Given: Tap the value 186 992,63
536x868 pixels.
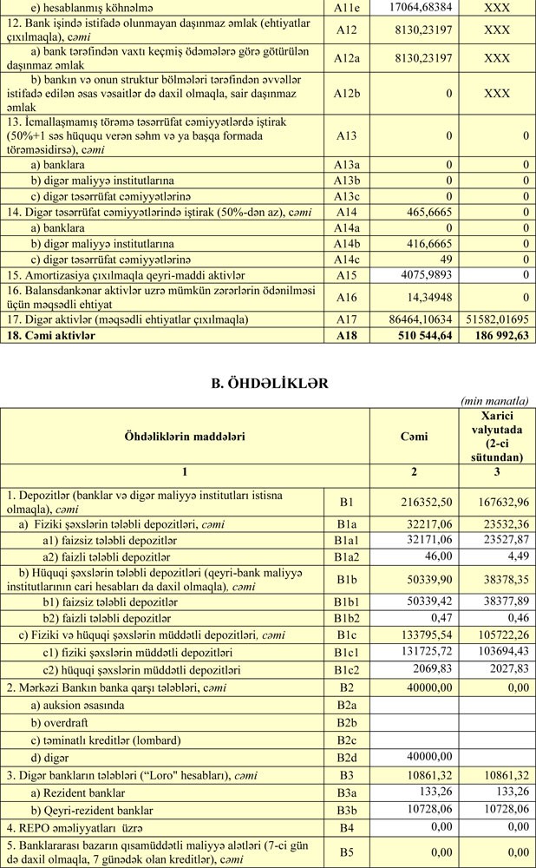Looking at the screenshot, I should coord(496,337).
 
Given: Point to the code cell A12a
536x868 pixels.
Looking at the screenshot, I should coord(347,58).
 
